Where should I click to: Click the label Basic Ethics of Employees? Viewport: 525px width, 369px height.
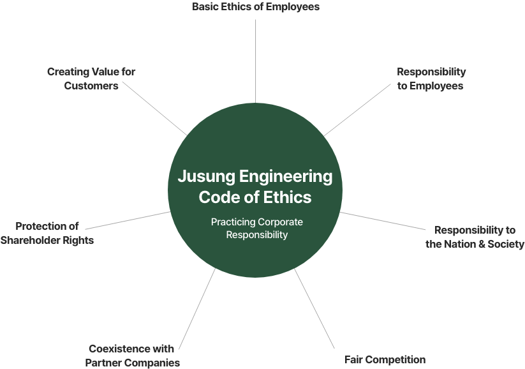pos(255,7)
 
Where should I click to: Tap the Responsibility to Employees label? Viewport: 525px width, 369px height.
pos(431,79)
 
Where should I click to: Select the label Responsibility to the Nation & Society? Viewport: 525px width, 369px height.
pos(475,237)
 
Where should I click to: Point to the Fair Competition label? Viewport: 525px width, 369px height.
pos(385,359)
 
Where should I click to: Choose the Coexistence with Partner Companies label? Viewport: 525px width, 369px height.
pos(132,356)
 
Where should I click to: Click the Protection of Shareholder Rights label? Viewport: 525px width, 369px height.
pos(47,233)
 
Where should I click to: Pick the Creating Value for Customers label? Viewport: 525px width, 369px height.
pos(91,79)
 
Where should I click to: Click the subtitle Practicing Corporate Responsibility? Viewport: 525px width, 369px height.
pos(256,228)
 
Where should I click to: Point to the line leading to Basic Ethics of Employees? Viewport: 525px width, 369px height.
pos(255,38)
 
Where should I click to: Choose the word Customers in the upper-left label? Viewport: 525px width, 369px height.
pos(91,86)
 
